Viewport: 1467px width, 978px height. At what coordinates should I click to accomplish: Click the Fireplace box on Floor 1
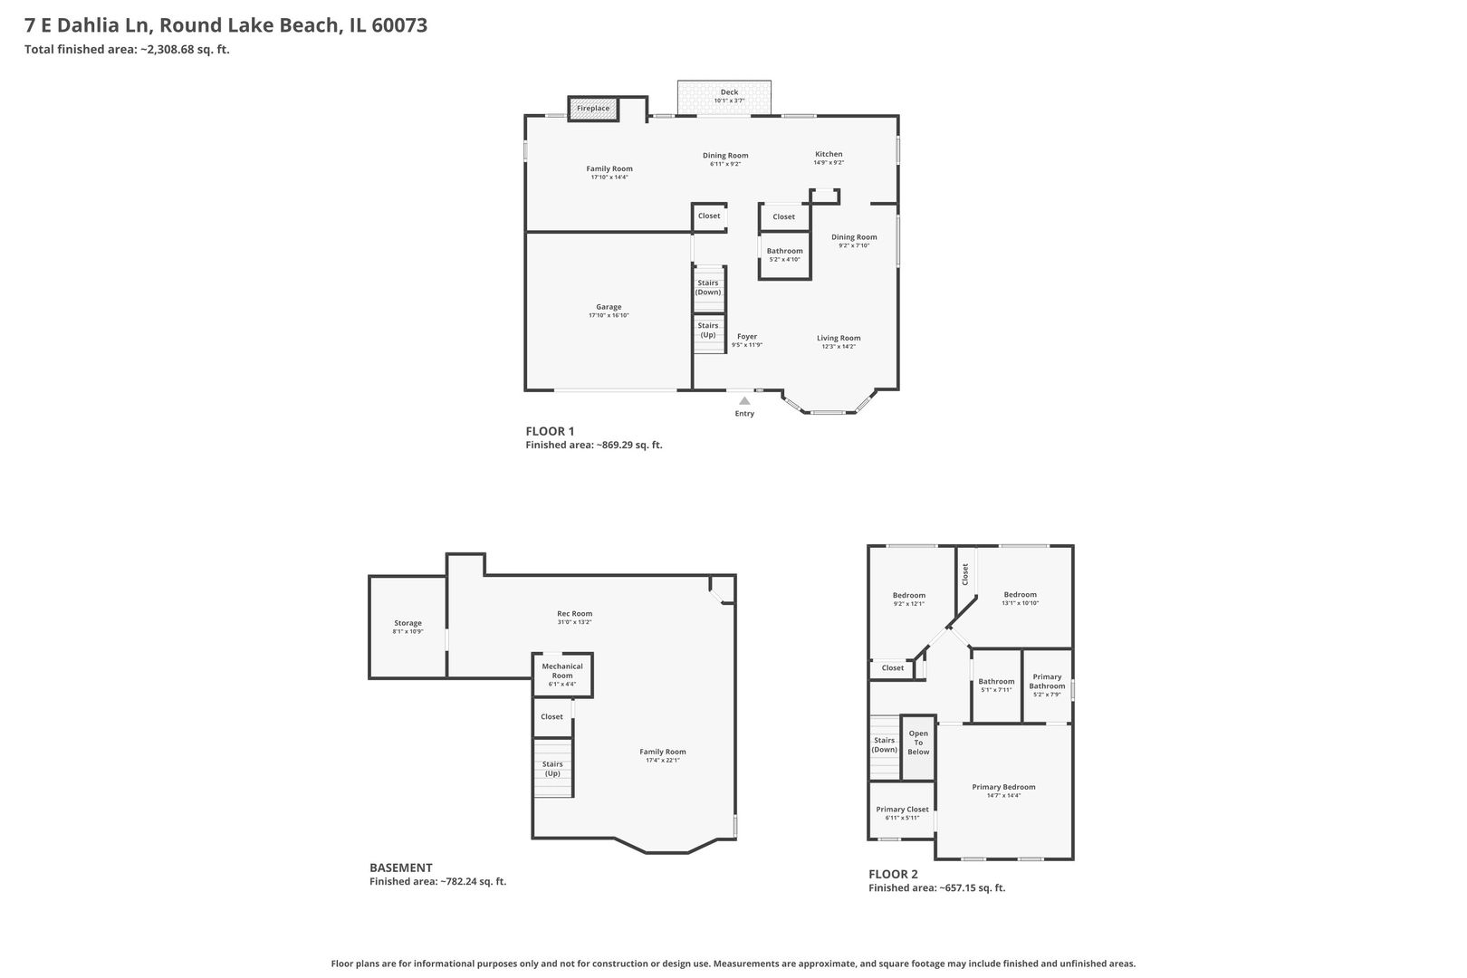[593, 109]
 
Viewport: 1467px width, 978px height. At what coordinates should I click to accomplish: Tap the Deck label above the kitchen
[729, 92]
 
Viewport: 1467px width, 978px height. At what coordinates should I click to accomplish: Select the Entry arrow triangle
[744, 400]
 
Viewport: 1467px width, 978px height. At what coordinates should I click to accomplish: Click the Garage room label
[609, 307]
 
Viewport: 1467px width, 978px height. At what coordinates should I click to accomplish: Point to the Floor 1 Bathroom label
[784, 251]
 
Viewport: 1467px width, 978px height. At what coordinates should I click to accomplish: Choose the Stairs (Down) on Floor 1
[708, 288]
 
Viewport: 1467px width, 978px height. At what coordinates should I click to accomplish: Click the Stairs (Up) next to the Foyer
[708, 330]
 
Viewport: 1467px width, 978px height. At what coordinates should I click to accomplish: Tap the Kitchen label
[829, 154]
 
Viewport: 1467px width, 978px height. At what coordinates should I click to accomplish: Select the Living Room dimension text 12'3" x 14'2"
[839, 347]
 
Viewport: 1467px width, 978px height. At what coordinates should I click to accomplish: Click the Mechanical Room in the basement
[562, 671]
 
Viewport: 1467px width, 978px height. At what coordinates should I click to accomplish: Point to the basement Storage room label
[407, 623]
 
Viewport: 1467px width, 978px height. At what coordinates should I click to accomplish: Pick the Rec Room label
[574, 613]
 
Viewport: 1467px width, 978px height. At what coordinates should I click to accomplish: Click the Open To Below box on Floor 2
[918, 743]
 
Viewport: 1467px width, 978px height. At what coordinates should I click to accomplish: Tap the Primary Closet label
[902, 810]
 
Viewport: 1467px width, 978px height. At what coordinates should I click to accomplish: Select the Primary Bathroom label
[1047, 682]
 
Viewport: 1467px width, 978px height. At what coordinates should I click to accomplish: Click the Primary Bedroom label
[1003, 787]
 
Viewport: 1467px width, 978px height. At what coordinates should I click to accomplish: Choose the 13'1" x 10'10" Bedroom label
[1020, 595]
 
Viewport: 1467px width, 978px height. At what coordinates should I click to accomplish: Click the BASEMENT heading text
[400, 868]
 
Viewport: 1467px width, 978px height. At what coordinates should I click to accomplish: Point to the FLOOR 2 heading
[893, 874]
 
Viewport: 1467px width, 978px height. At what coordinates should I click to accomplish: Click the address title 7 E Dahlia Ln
[225, 25]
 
